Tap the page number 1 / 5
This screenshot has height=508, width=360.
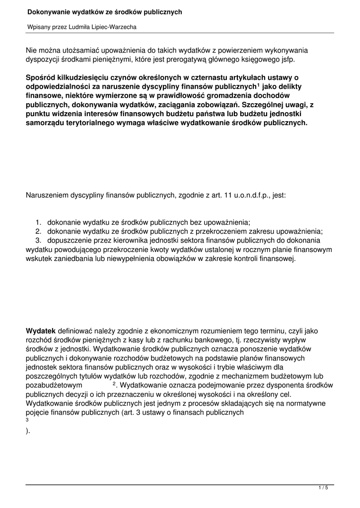[323, 488]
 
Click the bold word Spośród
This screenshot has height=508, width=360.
[41, 77]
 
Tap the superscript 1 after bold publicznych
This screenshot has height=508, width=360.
[258, 85]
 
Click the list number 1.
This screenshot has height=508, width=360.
[38, 222]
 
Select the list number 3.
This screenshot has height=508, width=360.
[38, 240]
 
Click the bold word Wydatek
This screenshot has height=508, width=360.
[41, 330]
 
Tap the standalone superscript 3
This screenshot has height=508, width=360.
[27, 419]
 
